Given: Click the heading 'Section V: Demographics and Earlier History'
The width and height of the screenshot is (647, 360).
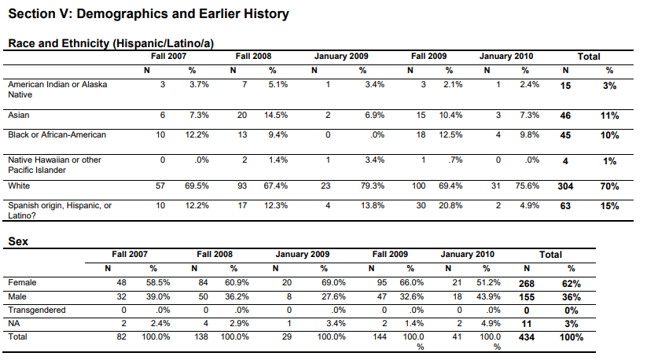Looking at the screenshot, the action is pyautogui.click(x=149, y=14).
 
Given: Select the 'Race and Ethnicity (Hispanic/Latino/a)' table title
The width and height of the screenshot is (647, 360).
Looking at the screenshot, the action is pyautogui.click(x=111, y=43).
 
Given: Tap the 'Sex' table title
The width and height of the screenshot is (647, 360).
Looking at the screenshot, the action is pyautogui.click(x=18, y=241).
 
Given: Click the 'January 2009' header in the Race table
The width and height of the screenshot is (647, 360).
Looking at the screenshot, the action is pyautogui.click(x=341, y=56).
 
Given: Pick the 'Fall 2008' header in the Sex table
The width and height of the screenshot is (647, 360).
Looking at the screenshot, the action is pyautogui.click(x=215, y=254).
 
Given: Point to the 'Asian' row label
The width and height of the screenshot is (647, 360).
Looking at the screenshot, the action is pyautogui.click(x=19, y=115).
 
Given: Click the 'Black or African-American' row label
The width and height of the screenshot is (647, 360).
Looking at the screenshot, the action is pyautogui.click(x=57, y=135).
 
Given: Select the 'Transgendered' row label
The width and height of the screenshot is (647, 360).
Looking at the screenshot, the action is pyautogui.click(x=37, y=310).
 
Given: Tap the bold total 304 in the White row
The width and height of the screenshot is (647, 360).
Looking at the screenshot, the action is pyautogui.click(x=565, y=186).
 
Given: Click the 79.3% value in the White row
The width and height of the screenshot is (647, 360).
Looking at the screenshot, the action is pyautogui.click(x=372, y=186).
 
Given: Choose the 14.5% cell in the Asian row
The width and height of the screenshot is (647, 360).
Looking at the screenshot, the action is pyautogui.click(x=276, y=115).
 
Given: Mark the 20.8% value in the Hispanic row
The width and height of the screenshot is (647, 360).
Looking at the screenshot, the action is pyautogui.click(x=450, y=205).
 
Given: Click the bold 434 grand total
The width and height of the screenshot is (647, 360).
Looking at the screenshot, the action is pyautogui.click(x=527, y=337).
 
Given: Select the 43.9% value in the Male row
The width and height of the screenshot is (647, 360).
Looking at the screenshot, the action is pyautogui.click(x=488, y=296).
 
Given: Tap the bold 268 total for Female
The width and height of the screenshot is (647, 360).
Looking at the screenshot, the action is pyautogui.click(x=527, y=284).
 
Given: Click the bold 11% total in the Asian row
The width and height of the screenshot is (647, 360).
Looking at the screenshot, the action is pyautogui.click(x=609, y=116).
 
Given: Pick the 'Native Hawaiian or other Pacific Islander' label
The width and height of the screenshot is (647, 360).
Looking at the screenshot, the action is pyautogui.click(x=54, y=165).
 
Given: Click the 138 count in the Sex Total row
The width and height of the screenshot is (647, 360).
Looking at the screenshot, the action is pyautogui.click(x=201, y=337).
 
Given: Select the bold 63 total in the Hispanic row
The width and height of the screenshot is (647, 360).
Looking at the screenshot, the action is pyautogui.click(x=565, y=206).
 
